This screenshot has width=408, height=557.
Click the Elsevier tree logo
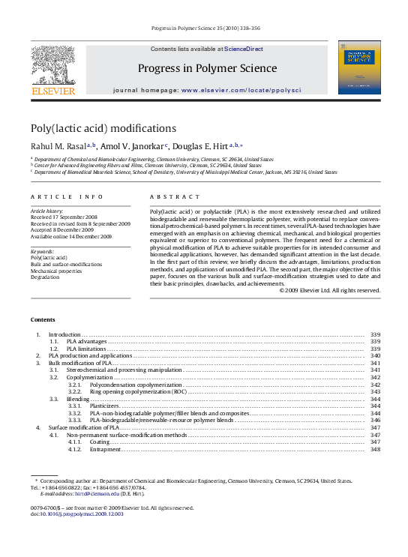pos(52,64)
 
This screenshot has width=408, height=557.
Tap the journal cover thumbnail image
pos(358,67)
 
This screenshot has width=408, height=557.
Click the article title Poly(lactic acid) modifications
pos(103,128)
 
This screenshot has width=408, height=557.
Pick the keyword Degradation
pos(45,277)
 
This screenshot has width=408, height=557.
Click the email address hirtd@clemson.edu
pos(97,493)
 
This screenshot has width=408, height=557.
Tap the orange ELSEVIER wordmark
pos(52,91)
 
